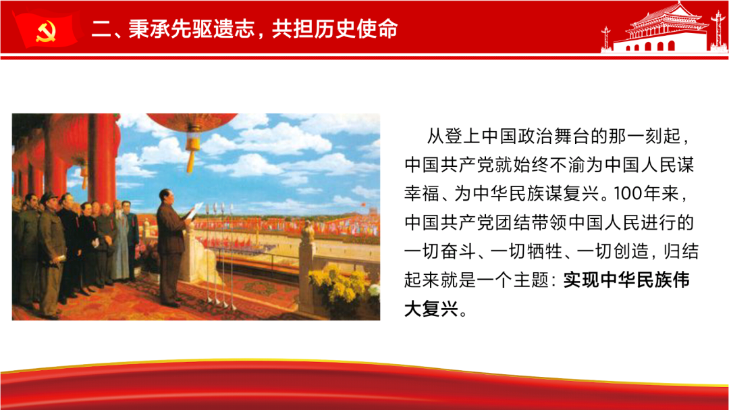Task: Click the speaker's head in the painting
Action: [x=166, y=197]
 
